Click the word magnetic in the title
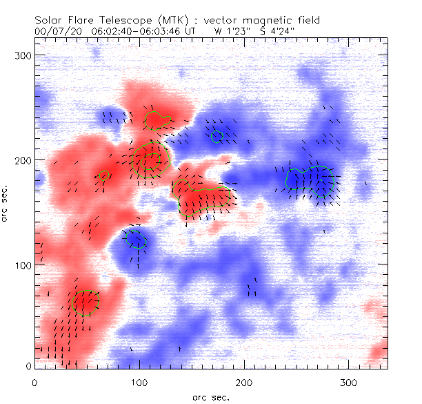click(x=270, y=21)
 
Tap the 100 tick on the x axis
click(x=139, y=381)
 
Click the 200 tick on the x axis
click(x=244, y=381)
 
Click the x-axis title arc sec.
click(x=210, y=397)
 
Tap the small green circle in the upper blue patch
click(x=217, y=136)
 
